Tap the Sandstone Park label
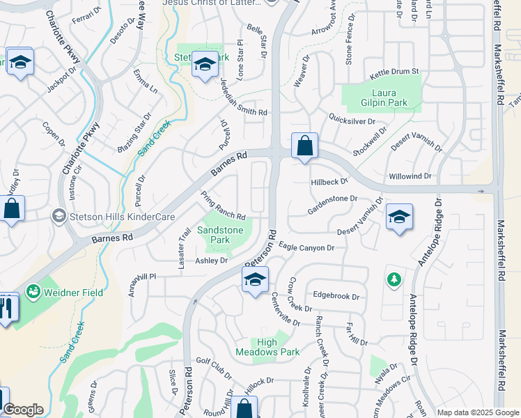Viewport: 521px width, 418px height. (221, 235)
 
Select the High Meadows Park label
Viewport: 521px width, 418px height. (278, 347)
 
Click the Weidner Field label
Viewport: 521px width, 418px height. (74, 293)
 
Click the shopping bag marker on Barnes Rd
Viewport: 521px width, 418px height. (304, 147)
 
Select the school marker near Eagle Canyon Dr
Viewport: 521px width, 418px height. (255, 281)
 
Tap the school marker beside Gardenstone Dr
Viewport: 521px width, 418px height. (400, 218)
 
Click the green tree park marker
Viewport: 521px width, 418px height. (394, 279)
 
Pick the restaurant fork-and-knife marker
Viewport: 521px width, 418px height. (7, 307)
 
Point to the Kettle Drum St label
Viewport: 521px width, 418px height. (394, 72)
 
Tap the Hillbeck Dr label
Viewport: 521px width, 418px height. (329, 181)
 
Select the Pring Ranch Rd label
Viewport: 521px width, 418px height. (223, 207)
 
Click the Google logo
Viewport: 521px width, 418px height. (23, 410)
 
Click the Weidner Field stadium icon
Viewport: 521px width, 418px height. (33, 293)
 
